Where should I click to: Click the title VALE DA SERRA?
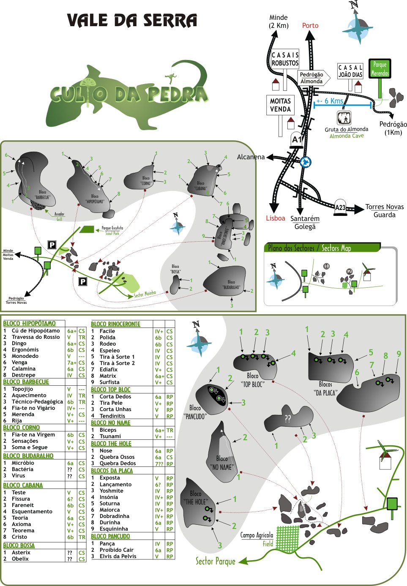[x=132, y=21]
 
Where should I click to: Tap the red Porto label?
[x=310, y=25]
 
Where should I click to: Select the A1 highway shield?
[x=297, y=139]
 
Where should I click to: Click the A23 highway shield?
[x=340, y=207]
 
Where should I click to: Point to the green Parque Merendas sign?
[x=380, y=69]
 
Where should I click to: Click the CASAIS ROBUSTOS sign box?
[x=285, y=59]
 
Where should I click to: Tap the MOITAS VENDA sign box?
[x=281, y=105]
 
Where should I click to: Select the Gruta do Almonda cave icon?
[x=344, y=117]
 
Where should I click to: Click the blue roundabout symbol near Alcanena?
[x=306, y=162]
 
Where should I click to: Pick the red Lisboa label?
[x=276, y=218]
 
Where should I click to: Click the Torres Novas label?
[x=385, y=207]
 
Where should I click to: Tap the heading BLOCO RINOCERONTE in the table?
[x=115, y=324]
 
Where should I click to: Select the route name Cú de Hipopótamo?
[x=36, y=331]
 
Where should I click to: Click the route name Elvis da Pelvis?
[x=118, y=556]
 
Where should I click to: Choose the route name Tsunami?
[x=110, y=436]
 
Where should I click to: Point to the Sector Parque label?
[x=215, y=561]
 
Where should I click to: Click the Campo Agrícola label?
[x=257, y=535]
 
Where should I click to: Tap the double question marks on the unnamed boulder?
[x=287, y=418]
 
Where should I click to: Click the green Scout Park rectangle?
[x=87, y=229]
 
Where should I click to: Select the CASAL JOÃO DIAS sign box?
[x=350, y=71]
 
